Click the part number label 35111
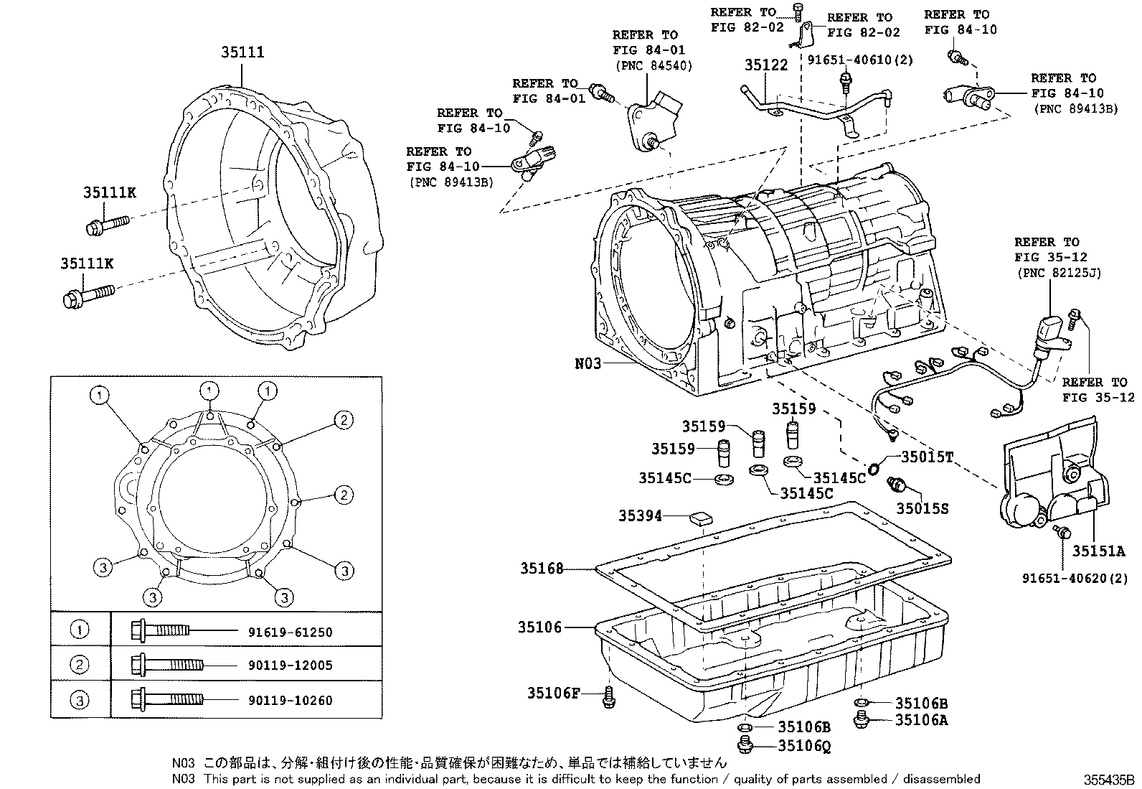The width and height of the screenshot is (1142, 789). (x=242, y=52)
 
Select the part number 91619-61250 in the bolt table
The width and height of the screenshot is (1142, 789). (x=291, y=632)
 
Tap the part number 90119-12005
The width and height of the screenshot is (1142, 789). (x=291, y=666)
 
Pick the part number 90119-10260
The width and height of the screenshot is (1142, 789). (x=291, y=700)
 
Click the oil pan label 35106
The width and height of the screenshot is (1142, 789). (x=539, y=627)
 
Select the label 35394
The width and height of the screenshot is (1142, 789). (x=640, y=515)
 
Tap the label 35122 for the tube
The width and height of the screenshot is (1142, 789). (x=765, y=65)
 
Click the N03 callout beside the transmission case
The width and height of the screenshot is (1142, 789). (x=587, y=364)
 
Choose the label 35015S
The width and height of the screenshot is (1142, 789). (x=922, y=508)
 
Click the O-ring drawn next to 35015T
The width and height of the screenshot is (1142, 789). (x=874, y=470)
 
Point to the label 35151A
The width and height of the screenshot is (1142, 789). (x=1098, y=551)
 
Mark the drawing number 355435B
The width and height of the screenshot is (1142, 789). (x=1110, y=779)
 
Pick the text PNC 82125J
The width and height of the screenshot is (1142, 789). (x=1058, y=273)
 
